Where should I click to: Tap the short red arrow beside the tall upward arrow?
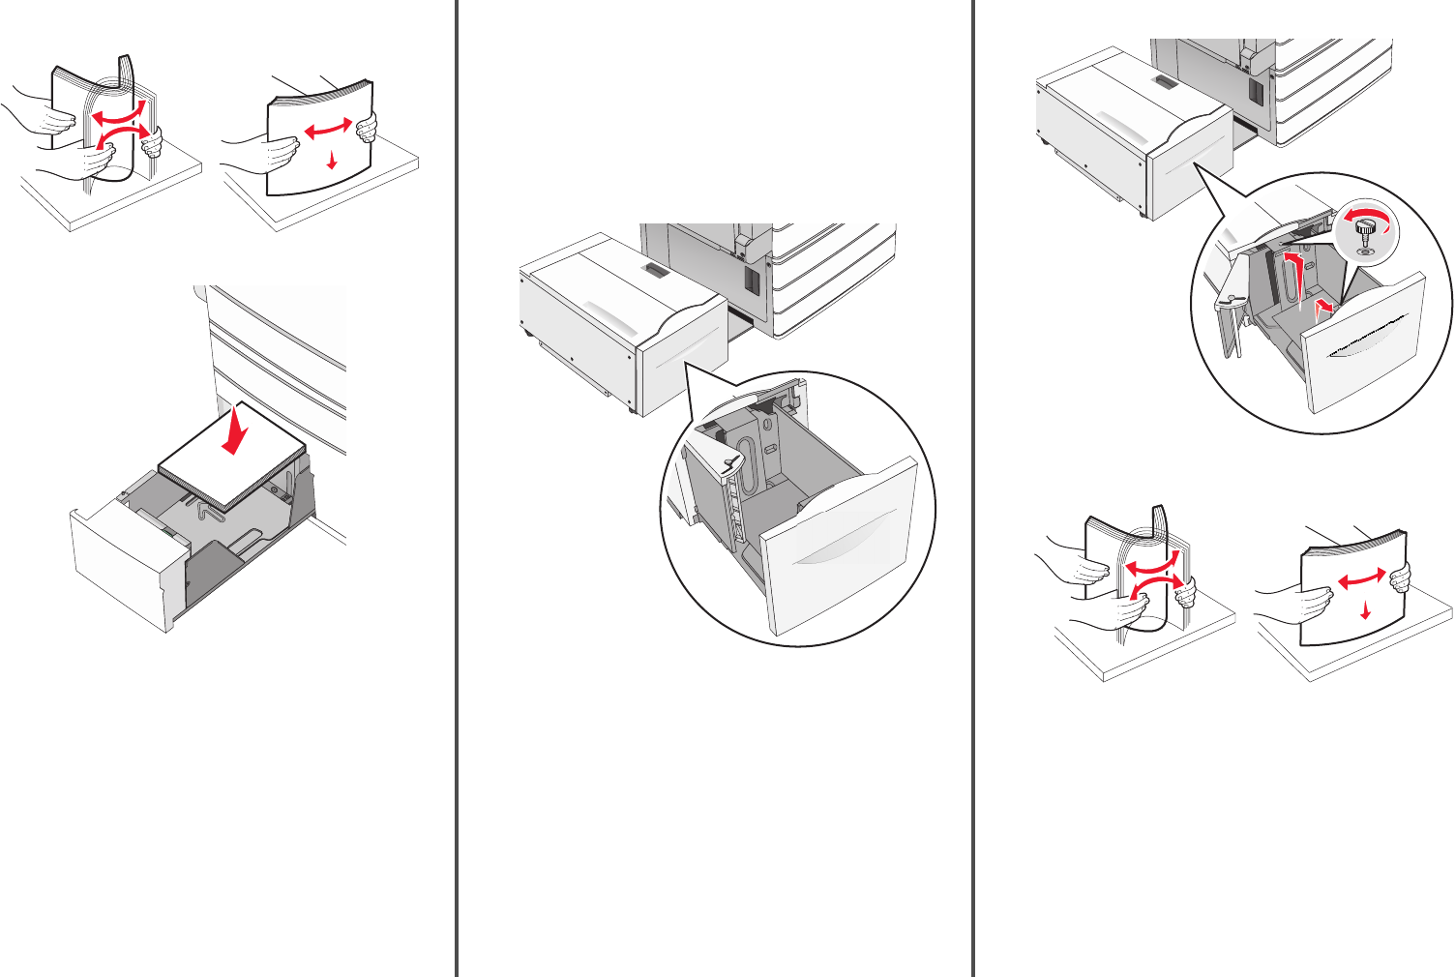coord(1324,307)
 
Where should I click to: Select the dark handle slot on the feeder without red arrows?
coord(655,270)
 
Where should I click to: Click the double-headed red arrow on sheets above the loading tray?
coord(328,130)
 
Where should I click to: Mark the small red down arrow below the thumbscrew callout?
coord(1365,609)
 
